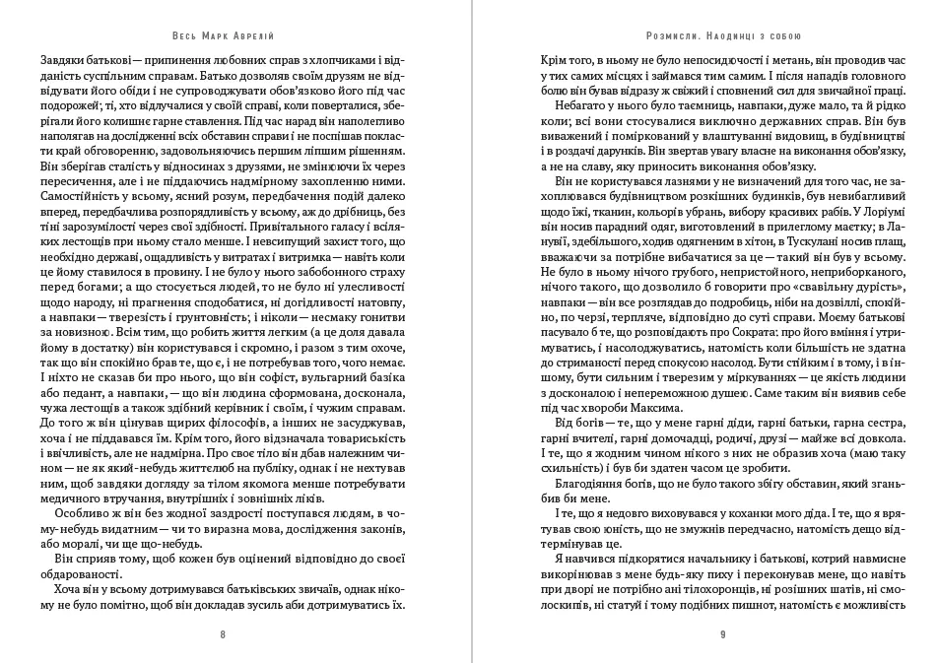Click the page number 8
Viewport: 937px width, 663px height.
[x=223, y=635]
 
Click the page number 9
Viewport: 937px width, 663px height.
[x=723, y=635]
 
